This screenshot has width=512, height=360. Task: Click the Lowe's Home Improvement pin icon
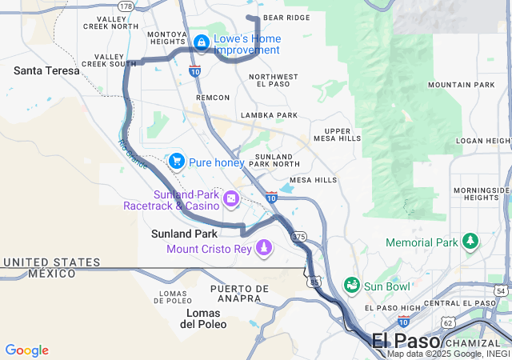(201, 41)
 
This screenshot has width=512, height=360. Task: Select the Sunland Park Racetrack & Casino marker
(231, 198)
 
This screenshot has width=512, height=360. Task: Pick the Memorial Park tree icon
(470, 242)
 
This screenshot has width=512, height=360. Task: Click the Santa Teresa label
(46, 70)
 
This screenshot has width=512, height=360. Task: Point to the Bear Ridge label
(286, 17)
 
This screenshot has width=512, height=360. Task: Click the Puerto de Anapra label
(240, 293)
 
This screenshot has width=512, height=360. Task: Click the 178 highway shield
(126, 6)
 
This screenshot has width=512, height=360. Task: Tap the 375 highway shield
(299, 237)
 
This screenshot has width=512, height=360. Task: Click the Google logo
(26, 350)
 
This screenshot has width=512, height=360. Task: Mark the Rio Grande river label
(132, 154)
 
